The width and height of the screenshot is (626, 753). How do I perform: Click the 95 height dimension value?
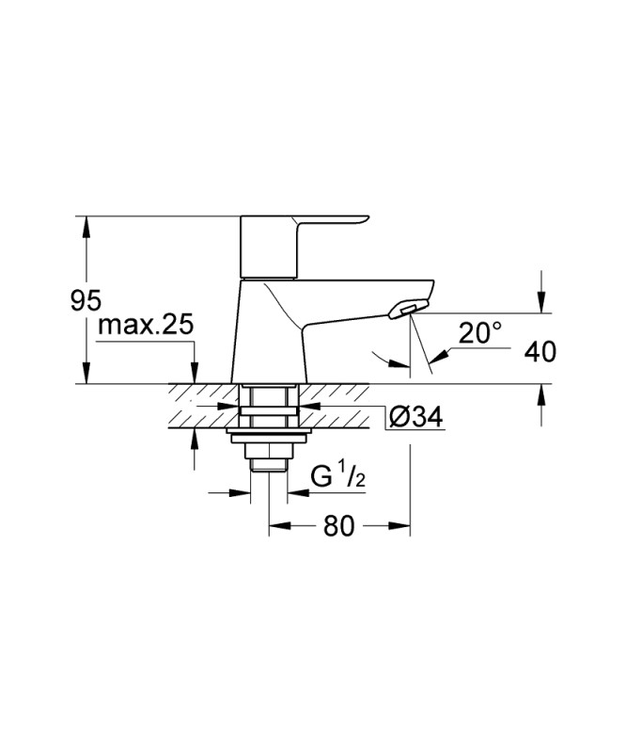coord(86,301)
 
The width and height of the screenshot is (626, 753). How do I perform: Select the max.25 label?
coord(146,325)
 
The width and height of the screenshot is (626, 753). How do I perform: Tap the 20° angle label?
coord(480,333)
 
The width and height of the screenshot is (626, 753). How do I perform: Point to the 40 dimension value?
coord(540,352)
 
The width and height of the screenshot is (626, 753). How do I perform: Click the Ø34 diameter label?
coord(415,417)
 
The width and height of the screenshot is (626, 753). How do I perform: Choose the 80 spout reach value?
coord(338,525)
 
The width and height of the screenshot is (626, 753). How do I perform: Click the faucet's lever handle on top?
coord(305,247)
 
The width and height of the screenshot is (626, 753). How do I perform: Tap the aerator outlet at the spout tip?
coord(408,309)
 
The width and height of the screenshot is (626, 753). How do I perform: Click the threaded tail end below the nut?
coord(269,464)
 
